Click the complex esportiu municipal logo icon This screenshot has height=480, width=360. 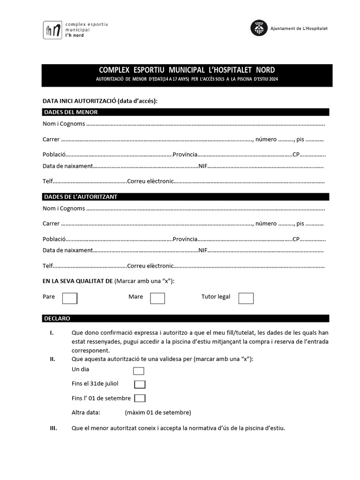(52, 30)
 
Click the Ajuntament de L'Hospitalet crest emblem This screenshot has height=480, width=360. (259, 28)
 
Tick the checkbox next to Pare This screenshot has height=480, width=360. (70, 298)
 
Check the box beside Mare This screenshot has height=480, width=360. (157, 298)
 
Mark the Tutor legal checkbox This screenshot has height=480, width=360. (246, 298)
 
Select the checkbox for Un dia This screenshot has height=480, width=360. (138, 371)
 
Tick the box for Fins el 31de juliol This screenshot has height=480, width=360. (140, 384)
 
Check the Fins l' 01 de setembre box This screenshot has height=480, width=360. (140, 398)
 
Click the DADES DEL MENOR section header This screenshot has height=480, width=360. (71, 112)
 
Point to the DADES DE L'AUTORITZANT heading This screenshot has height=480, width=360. (80, 196)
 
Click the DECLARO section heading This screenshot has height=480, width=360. (57, 318)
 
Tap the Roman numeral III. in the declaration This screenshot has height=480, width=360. (53, 428)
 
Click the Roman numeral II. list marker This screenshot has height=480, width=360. (52, 359)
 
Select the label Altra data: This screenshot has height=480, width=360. (86, 412)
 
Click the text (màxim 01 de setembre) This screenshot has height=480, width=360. (158, 412)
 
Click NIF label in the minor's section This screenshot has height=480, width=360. (203, 166)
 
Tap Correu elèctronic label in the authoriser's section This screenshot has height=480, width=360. (150, 266)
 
